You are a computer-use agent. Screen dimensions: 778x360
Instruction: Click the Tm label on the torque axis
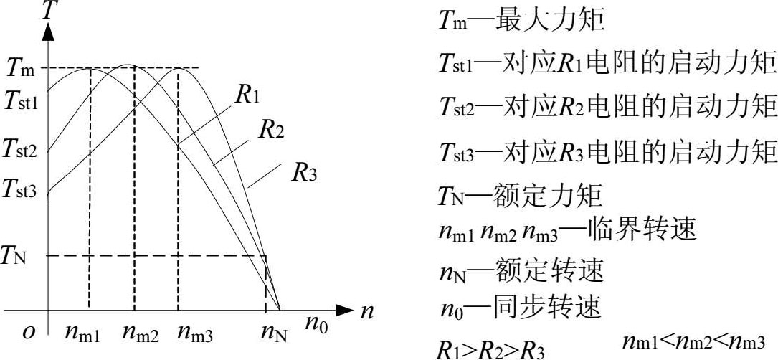pos(21,69)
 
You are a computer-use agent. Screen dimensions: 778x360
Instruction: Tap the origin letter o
pos(30,332)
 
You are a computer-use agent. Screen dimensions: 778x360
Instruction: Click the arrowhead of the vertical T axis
pos(48,31)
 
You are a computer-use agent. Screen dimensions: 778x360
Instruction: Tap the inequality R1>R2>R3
pos(489,349)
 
